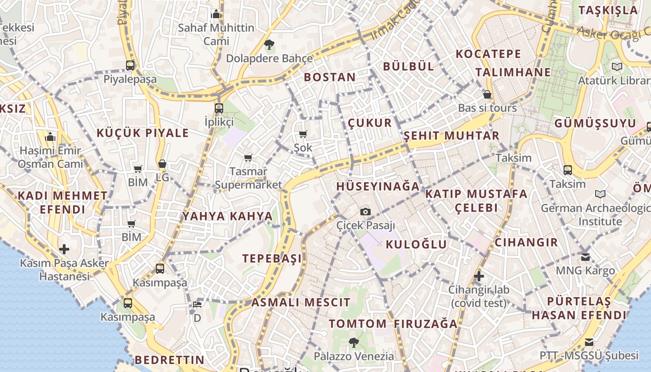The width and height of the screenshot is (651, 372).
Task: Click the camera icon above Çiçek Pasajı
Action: (x=366, y=212)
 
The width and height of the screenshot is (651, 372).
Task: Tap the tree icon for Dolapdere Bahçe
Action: (x=269, y=45)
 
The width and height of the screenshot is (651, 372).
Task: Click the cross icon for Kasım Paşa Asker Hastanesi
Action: (x=64, y=249)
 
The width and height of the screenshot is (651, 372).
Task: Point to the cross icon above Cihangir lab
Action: (x=478, y=276)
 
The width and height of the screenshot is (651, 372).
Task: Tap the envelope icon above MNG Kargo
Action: (x=585, y=257)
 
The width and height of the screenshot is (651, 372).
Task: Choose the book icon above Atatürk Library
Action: (x=617, y=67)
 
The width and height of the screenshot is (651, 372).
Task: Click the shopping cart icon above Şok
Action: (x=303, y=134)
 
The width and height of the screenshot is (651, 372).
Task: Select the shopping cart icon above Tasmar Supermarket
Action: (x=248, y=158)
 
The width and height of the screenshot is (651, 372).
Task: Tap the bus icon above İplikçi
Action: (x=219, y=108)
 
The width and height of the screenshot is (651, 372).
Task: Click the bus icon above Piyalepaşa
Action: (x=130, y=66)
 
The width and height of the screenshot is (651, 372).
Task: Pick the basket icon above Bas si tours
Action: (x=487, y=95)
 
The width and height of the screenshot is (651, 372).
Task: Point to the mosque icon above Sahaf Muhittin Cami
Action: (x=216, y=14)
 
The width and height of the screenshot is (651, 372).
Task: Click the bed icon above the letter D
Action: (x=197, y=305)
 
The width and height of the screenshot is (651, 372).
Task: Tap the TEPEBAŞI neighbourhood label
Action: (x=272, y=259)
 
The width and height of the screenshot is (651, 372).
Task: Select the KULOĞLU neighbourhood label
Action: (x=416, y=245)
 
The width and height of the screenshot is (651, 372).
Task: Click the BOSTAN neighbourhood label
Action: (x=330, y=77)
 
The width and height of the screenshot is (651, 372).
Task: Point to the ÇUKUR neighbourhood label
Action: (x=370, y=123)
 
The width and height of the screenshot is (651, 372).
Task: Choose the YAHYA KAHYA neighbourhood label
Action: (x=227, y=216)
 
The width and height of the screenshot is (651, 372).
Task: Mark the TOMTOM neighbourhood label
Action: (x=358, y=324)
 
